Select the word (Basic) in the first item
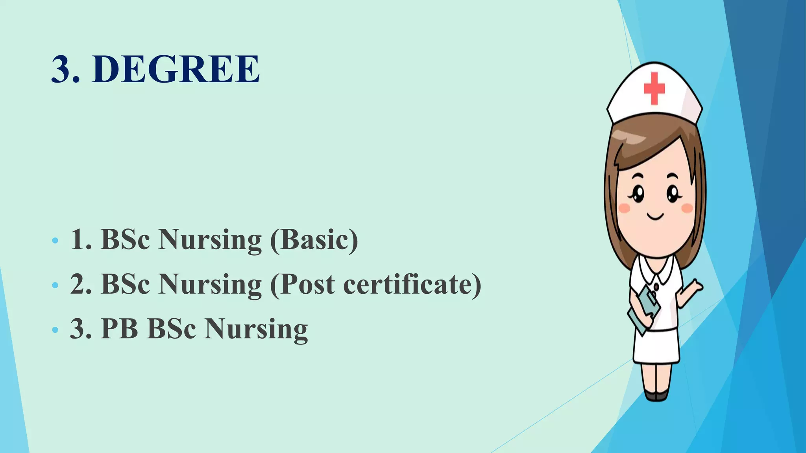tap(314, 239)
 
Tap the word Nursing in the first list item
tap(210, 240)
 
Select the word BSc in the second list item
tap(125, 284)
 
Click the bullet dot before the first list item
tap(55, 240)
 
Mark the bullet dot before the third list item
tap(55, 329)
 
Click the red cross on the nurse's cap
tap(654, 88)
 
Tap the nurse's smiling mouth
tap(655, 216)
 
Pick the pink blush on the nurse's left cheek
tap(624, 208)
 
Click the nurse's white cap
tap(654, 94)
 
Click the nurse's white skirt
tap(656, 346)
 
